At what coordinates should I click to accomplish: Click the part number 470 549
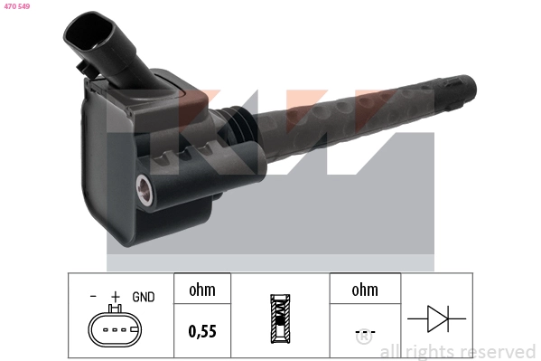click(x=16, y=6)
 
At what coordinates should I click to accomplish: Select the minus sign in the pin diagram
click(x=93, y=296)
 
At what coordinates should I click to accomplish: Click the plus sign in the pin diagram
click(x=115, y=296)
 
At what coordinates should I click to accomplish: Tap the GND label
click(x=144, y=296)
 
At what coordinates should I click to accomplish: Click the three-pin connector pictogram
click(x=115, y=328)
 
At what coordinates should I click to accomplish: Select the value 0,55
click(x=201, y=331)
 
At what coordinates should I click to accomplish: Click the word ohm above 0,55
click(x=201, y=290)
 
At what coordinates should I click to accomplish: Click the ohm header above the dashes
click(x=364, y=290)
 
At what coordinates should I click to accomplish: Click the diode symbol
click(x=436, y=318)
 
